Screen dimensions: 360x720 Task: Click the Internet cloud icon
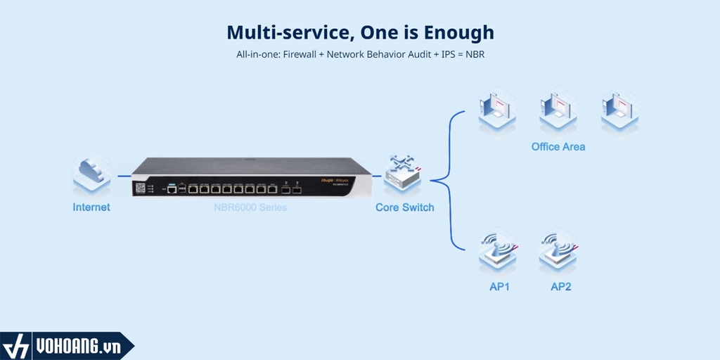(x=91, y=174)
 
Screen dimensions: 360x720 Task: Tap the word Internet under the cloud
(x=91, y=207)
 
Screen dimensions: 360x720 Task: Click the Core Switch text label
(x=404, y=207)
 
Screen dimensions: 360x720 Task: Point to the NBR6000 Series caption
(x=250, y=207)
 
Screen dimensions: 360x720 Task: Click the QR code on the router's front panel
(x=141, y=189)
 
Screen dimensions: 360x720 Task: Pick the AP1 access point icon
(x=498, y=250)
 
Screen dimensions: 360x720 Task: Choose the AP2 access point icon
(x=558, y=250)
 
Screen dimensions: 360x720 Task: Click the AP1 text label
(x=499, y=287)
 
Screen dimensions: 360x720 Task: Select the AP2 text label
(x=560, y=287)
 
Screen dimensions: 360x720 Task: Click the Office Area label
(x=558, y=147)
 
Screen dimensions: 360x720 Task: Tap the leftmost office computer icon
(x=498, y=110)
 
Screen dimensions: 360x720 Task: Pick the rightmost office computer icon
(x=619, y=110)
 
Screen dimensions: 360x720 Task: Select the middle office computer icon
(x=558, y=110)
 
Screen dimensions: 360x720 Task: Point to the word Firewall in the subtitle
(x=302, y=54)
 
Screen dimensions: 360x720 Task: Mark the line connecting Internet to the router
(x=124, y=176)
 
